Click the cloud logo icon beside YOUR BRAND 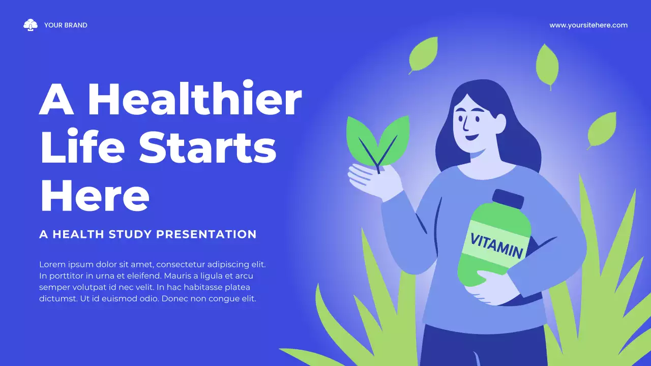click(31, 25)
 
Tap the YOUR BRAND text click(66, 25)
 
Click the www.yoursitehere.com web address click(588, 25)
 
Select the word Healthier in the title click(195, 100)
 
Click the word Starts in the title click(208, 147)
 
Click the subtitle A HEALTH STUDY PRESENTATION click(148, 234)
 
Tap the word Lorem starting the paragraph click(51, 265)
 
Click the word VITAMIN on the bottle click(496, 245)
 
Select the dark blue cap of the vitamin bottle click(507, 198)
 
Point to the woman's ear click(500, 123)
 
